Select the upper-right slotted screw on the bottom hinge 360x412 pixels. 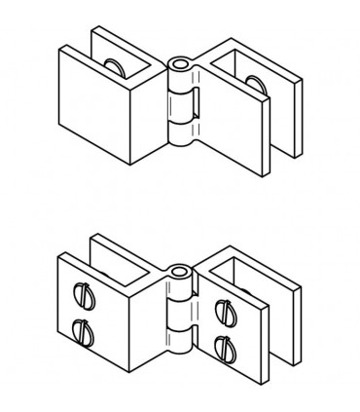point(224,311)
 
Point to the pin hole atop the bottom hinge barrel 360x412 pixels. point(179,271)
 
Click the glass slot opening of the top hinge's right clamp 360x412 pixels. point(272,136)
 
